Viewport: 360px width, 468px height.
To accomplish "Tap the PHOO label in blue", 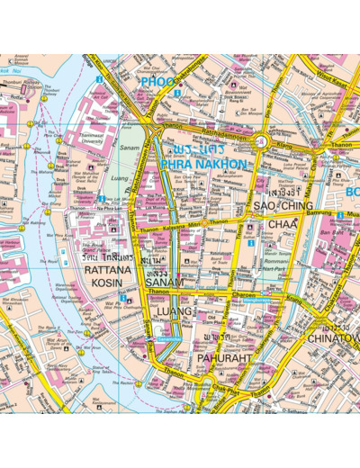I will [x=157, y=82].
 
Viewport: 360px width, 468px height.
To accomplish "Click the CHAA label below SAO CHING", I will [x=282, y=223].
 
